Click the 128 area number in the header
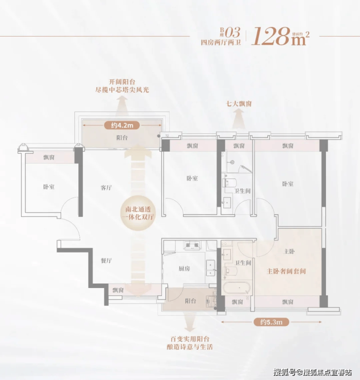click(x=271, y=36)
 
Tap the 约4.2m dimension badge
click(x=122, y=126)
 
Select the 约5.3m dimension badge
click(x=271, y=322)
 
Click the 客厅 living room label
click(x=107, y=188)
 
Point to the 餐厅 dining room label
click(x=107, y=260)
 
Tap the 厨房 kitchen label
click(x=184, y=269)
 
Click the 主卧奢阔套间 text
click(x=286, y=271)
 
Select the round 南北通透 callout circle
click(x=138, y=213)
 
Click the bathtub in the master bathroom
click(x=236, y=288)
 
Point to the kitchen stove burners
click(x=192, y=245)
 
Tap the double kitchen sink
click(x=210, y=268)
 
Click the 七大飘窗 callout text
click(x=239, y=104)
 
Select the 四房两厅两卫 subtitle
click(x=221, y=42)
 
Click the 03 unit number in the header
click(x=233, y=32)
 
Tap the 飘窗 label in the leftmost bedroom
click(x=49, y=157)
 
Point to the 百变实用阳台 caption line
click(x=190, y=339)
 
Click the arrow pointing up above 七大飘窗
click(x=239, y=119)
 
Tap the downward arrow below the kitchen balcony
click(x=190, y=322)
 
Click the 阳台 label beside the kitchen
click(x=190, y=301)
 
